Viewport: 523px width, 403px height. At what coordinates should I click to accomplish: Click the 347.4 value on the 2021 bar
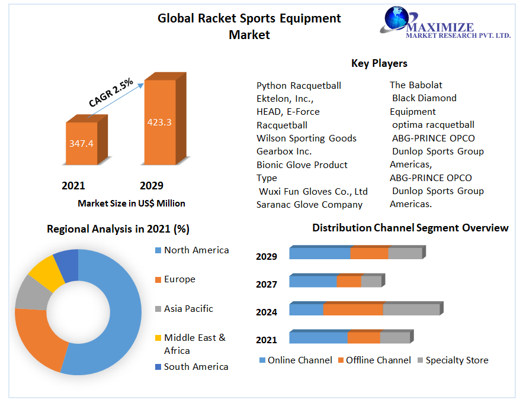point(81,143)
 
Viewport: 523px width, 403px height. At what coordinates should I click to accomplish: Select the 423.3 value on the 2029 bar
point(159,122)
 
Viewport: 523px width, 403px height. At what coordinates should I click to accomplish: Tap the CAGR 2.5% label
point(111,93)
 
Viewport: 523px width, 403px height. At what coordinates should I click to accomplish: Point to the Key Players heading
point(379,63)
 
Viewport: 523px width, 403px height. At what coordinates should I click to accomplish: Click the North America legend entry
point(196,250)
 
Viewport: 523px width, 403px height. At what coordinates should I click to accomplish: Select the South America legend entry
point(196,367)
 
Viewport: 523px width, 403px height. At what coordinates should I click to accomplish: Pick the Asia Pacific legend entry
point(188,309)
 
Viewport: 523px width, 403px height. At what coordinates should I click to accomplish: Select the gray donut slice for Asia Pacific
point(28,293)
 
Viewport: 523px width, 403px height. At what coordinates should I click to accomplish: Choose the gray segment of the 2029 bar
point(405,254)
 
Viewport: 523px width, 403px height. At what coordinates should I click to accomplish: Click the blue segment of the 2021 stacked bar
point(318,338)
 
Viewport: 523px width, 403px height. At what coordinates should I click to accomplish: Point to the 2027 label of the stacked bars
point(267,285)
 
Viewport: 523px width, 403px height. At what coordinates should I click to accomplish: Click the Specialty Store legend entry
point(457,360)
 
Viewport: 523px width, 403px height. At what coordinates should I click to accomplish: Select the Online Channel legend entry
point(299,360)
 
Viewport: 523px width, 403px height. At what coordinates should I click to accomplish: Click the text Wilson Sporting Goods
point(306,138)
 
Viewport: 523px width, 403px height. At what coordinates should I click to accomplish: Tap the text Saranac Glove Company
point(309,205)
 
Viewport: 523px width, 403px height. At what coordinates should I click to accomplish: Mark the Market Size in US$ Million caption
point(131,204)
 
